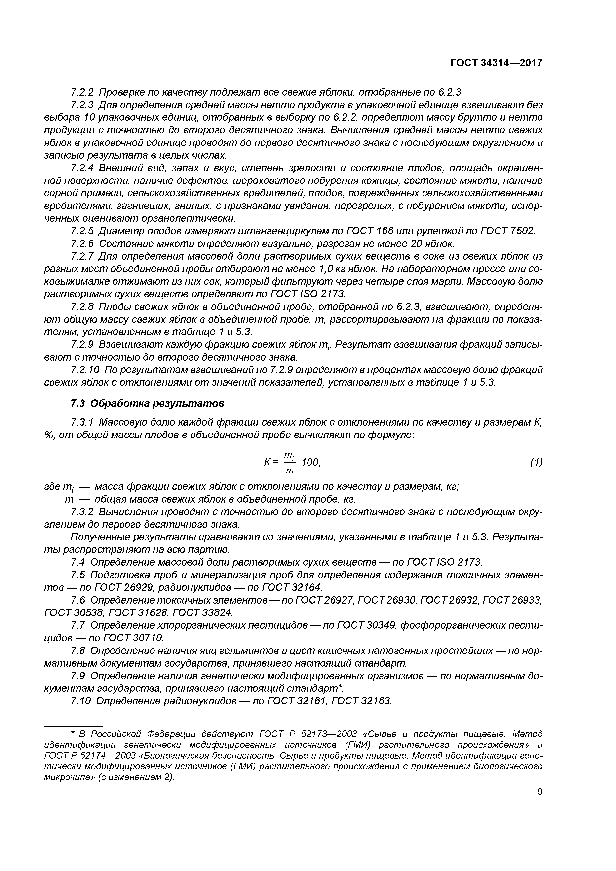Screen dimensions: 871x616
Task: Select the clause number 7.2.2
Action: click(x=82, y=92)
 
